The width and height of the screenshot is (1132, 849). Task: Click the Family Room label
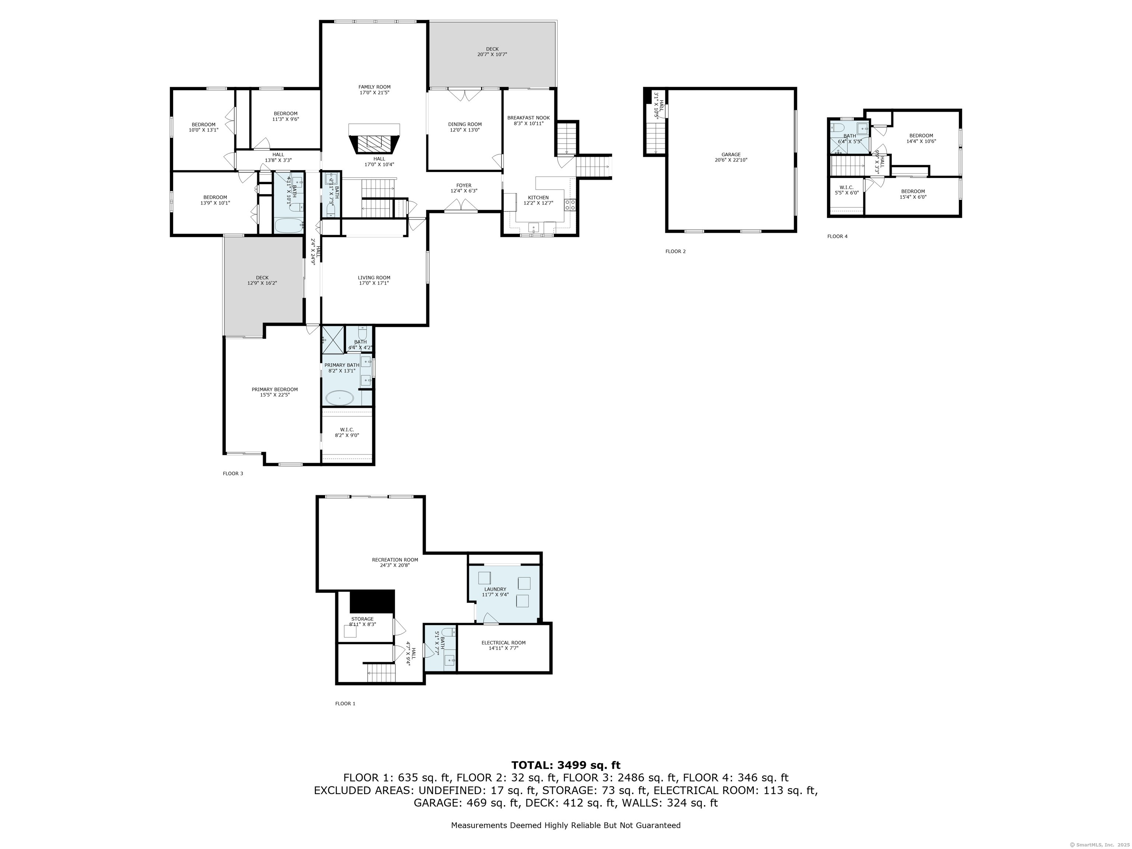point(374,87)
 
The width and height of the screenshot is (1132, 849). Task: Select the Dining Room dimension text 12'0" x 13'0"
point(465,130)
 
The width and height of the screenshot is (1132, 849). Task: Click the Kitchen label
point(538,198)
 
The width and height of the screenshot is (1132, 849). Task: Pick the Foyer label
point(464,185)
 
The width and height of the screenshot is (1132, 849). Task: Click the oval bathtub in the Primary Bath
point(340,397)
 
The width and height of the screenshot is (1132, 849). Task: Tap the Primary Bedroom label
point(274,389)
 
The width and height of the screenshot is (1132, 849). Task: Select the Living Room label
point(374,278)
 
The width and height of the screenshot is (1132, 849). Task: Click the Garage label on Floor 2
point(731,154)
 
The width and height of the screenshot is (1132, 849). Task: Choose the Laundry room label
point(495,589)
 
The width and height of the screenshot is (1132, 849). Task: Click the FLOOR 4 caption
point(837,237)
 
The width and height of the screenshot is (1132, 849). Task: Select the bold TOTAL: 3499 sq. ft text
point(566,765)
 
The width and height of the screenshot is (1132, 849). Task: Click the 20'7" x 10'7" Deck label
point(492,52)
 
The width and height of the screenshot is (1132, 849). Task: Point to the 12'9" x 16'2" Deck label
point(262,280)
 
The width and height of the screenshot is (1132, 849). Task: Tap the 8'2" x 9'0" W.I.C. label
point(347,433)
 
